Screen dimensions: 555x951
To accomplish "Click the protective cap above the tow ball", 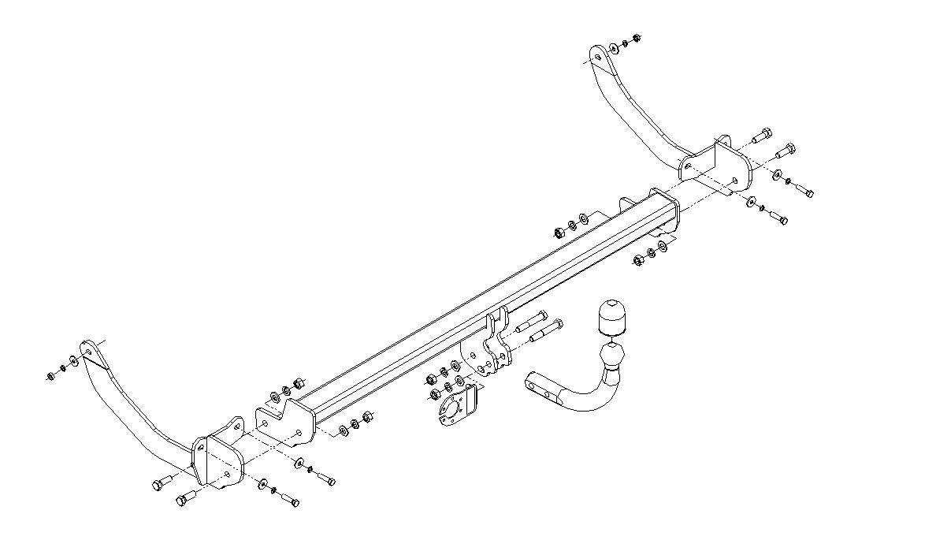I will coord(612,315).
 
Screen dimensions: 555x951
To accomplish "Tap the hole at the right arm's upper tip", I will coord(598,56).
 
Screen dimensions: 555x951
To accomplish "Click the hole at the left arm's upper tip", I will coord(87,352).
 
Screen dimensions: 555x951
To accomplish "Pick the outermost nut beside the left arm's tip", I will coord(50,376).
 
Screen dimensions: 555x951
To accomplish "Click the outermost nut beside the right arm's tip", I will coord(637,36).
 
